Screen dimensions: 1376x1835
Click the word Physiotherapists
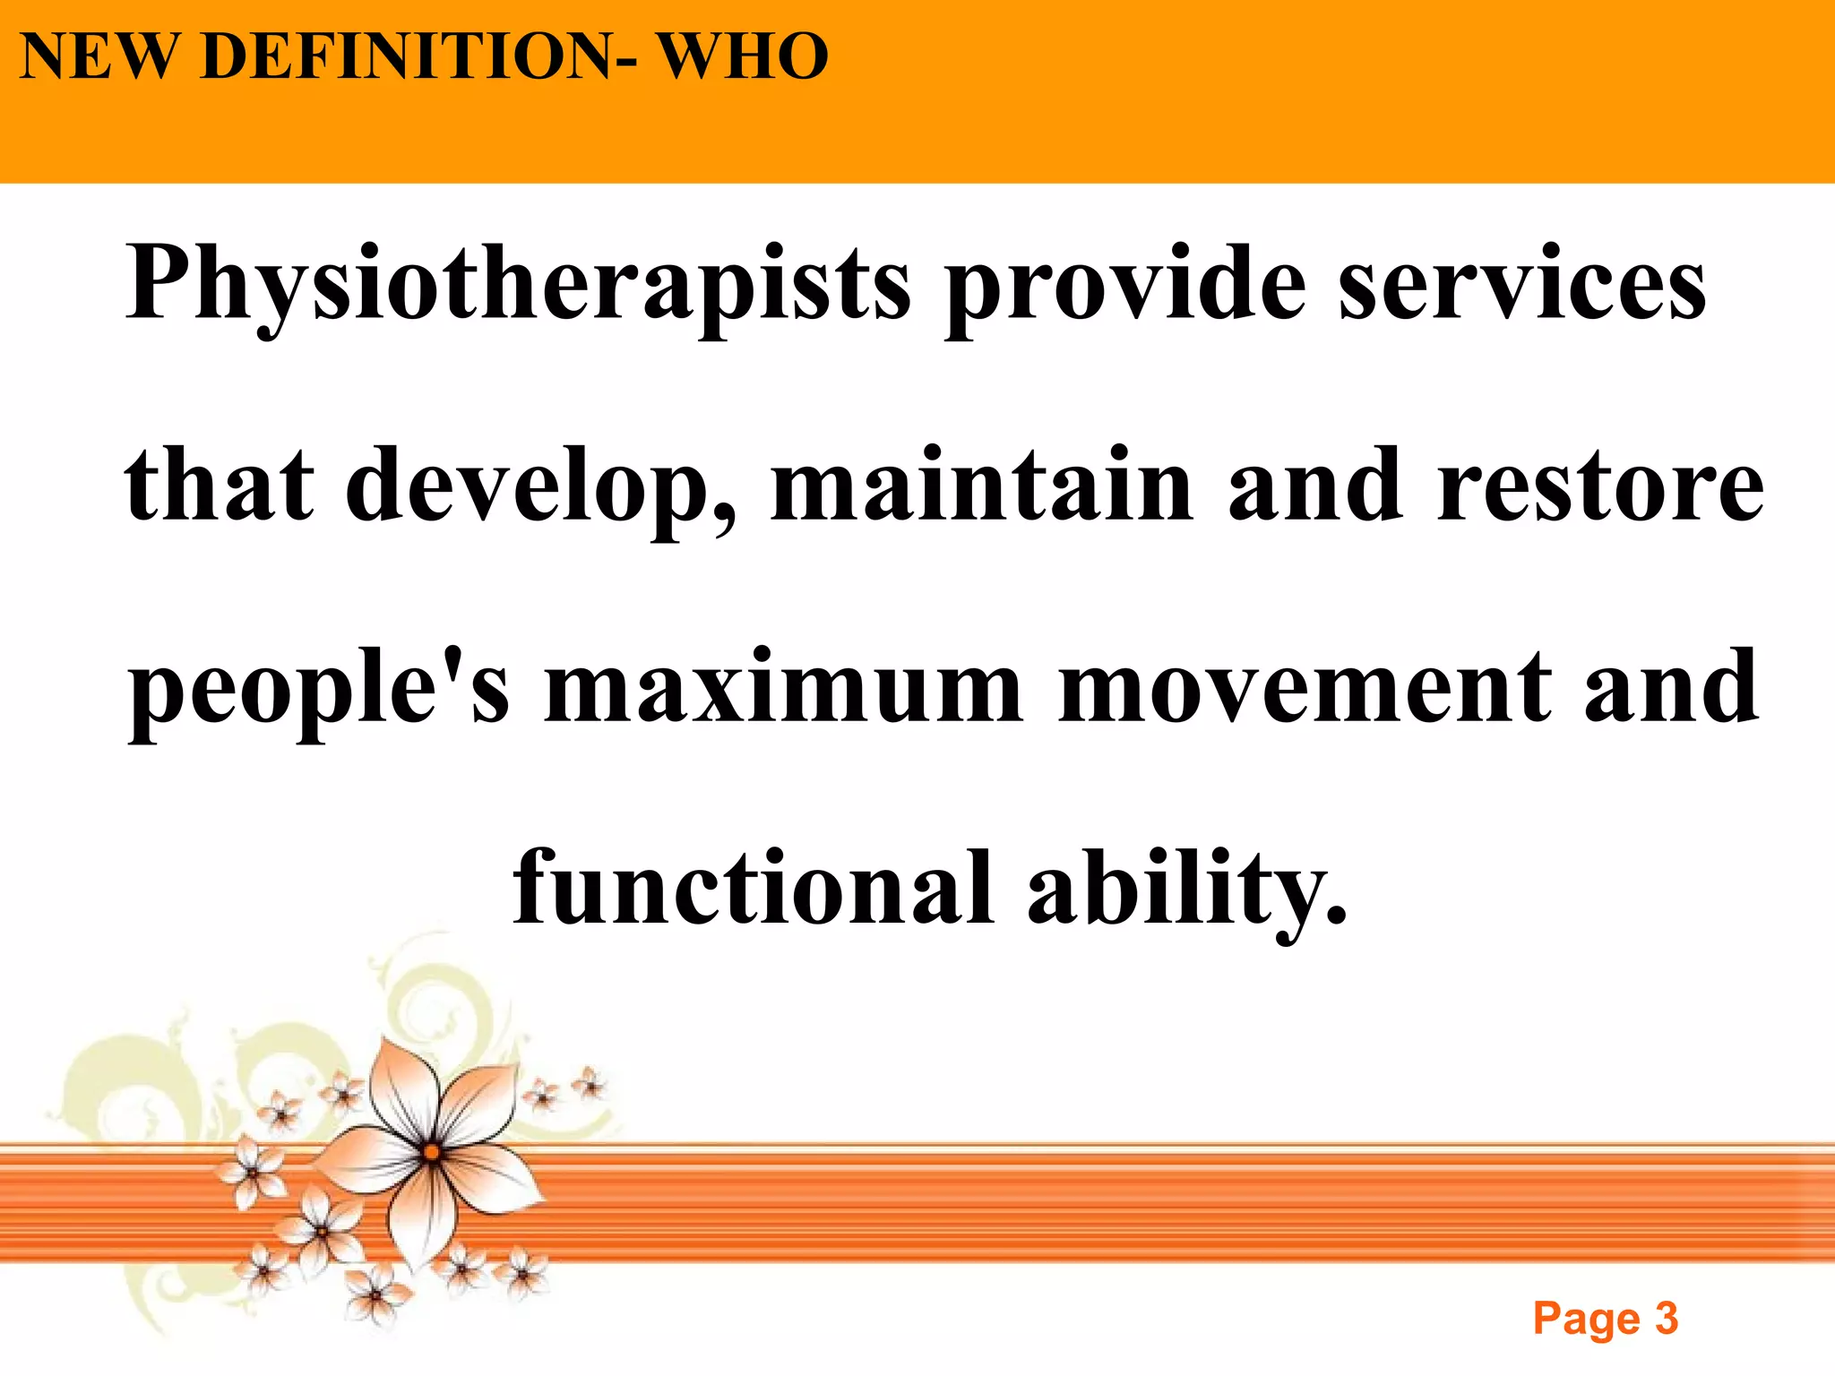[x=518, y=285]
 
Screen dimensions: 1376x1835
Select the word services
[x=1522, y=285]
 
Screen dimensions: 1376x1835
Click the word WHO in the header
[x=744, y=56]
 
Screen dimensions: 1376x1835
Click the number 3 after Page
[x=1667, y=1318]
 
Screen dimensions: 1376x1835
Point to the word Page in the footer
[x=1587, y=1320]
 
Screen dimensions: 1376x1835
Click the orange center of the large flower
[x=431, y=1152]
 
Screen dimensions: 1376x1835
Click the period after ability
[x=1335, y=916]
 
